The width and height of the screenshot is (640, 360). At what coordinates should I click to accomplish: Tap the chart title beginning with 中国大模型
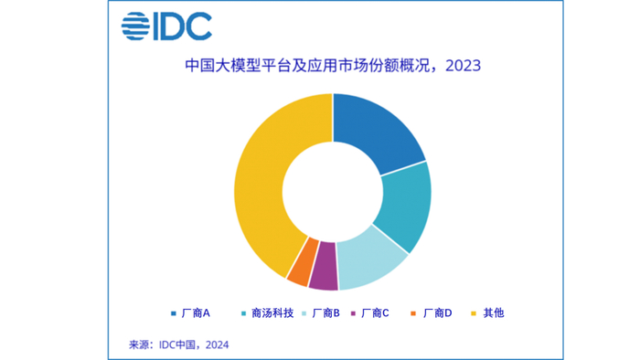click(320, 66)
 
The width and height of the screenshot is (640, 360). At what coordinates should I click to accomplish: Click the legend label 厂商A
click(196, 313)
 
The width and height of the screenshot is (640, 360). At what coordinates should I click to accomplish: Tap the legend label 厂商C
click(376, 313)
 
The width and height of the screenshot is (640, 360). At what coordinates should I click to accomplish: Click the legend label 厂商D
click(437, 313)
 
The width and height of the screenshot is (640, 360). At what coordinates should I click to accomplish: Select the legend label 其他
click(493, 313)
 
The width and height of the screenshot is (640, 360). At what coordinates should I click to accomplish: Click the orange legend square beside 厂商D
click(414, 313)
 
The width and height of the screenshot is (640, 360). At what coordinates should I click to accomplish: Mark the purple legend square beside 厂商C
click(353, 313)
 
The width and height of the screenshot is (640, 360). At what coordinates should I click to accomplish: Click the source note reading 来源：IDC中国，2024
click(178, 344)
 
